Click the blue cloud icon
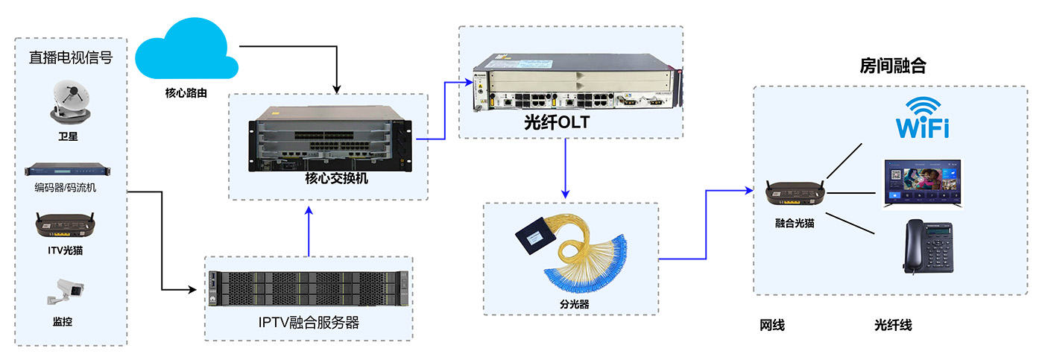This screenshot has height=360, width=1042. tap(186, 52)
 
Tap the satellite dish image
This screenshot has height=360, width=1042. tap(71, 103)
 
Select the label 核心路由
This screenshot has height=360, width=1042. tap(186, 93)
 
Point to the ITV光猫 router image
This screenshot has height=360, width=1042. tap(70, 223)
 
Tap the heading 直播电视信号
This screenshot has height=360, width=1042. tap(71, 57)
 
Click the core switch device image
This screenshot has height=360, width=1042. tap(328, 138)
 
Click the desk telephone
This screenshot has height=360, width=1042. tap(929, 247)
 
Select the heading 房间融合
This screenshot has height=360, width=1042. tap(893, 66)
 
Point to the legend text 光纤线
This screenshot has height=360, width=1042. tap(893, 326)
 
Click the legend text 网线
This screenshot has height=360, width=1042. tap(772, 326)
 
